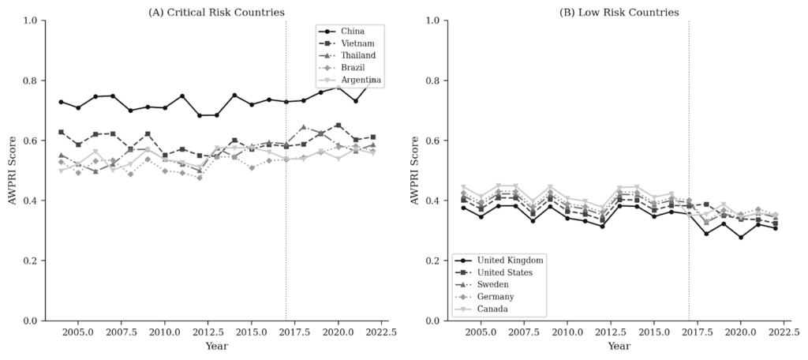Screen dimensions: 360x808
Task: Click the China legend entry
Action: pos(351,31)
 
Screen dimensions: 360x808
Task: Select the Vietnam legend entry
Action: pos(356,43)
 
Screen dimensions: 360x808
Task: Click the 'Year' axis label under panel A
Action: pos(216,347)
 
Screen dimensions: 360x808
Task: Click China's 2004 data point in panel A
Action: pos(61,102)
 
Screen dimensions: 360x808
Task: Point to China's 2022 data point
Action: pos(372,81)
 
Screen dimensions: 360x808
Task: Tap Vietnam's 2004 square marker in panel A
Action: pos(61,132)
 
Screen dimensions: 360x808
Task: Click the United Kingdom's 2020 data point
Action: pos(740,238)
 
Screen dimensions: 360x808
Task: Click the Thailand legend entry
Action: pos(357,55)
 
